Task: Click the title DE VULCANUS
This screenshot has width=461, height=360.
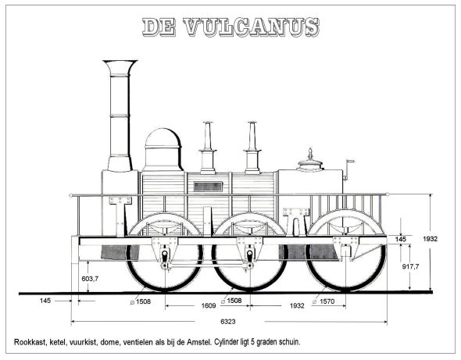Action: coord(230,27)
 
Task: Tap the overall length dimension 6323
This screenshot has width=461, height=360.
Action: coord(228,322)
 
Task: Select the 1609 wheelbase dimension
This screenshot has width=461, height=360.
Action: coord(209,305)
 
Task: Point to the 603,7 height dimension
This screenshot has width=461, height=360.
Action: coord(90,278)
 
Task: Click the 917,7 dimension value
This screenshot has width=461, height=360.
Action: coord(411,266)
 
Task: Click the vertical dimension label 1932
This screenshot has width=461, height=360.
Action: coord(430,239)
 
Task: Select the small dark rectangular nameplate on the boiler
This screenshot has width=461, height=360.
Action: coord(208,187)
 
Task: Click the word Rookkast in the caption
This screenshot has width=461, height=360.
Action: coord(30,342)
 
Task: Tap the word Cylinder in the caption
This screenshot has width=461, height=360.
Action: coord(226,342)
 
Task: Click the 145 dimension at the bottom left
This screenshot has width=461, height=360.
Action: coord(45,301)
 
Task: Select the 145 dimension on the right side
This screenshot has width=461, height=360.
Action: coord(400,239)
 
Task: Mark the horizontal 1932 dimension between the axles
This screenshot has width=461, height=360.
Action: coord(297,305)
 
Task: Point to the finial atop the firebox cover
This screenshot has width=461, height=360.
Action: coord(310,154)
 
